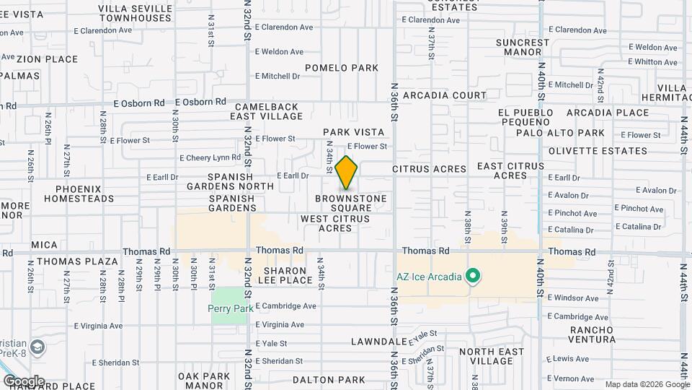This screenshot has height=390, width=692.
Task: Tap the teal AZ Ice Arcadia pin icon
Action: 473,276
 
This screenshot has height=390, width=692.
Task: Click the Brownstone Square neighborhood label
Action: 351,203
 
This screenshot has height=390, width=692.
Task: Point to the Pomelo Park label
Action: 342,68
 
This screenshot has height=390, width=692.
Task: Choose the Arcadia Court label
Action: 445,95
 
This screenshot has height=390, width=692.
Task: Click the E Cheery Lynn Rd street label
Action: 210,157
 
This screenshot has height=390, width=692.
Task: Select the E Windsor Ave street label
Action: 573,298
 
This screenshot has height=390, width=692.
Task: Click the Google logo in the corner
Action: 24,381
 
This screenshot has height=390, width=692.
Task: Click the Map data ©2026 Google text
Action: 647,384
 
